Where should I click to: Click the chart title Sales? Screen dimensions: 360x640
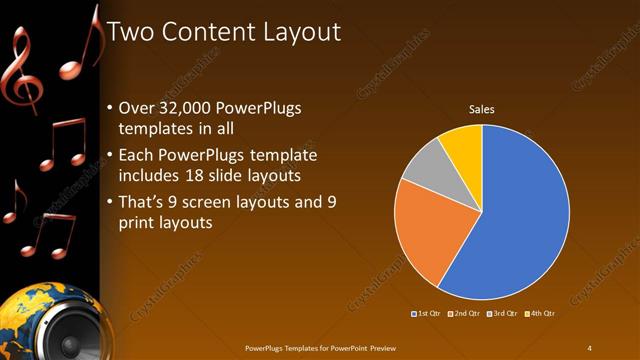point(482,109)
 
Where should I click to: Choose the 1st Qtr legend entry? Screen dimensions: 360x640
point(429,314)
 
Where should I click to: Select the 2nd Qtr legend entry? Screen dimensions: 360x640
point(466,314)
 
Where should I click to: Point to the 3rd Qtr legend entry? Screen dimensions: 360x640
point(503,314)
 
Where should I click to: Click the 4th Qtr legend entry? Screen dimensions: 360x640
point(540,314)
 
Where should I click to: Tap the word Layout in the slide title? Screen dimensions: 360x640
point(303,33)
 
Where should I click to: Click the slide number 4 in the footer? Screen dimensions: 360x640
point(590,347)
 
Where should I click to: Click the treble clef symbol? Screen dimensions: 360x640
point(22,70)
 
